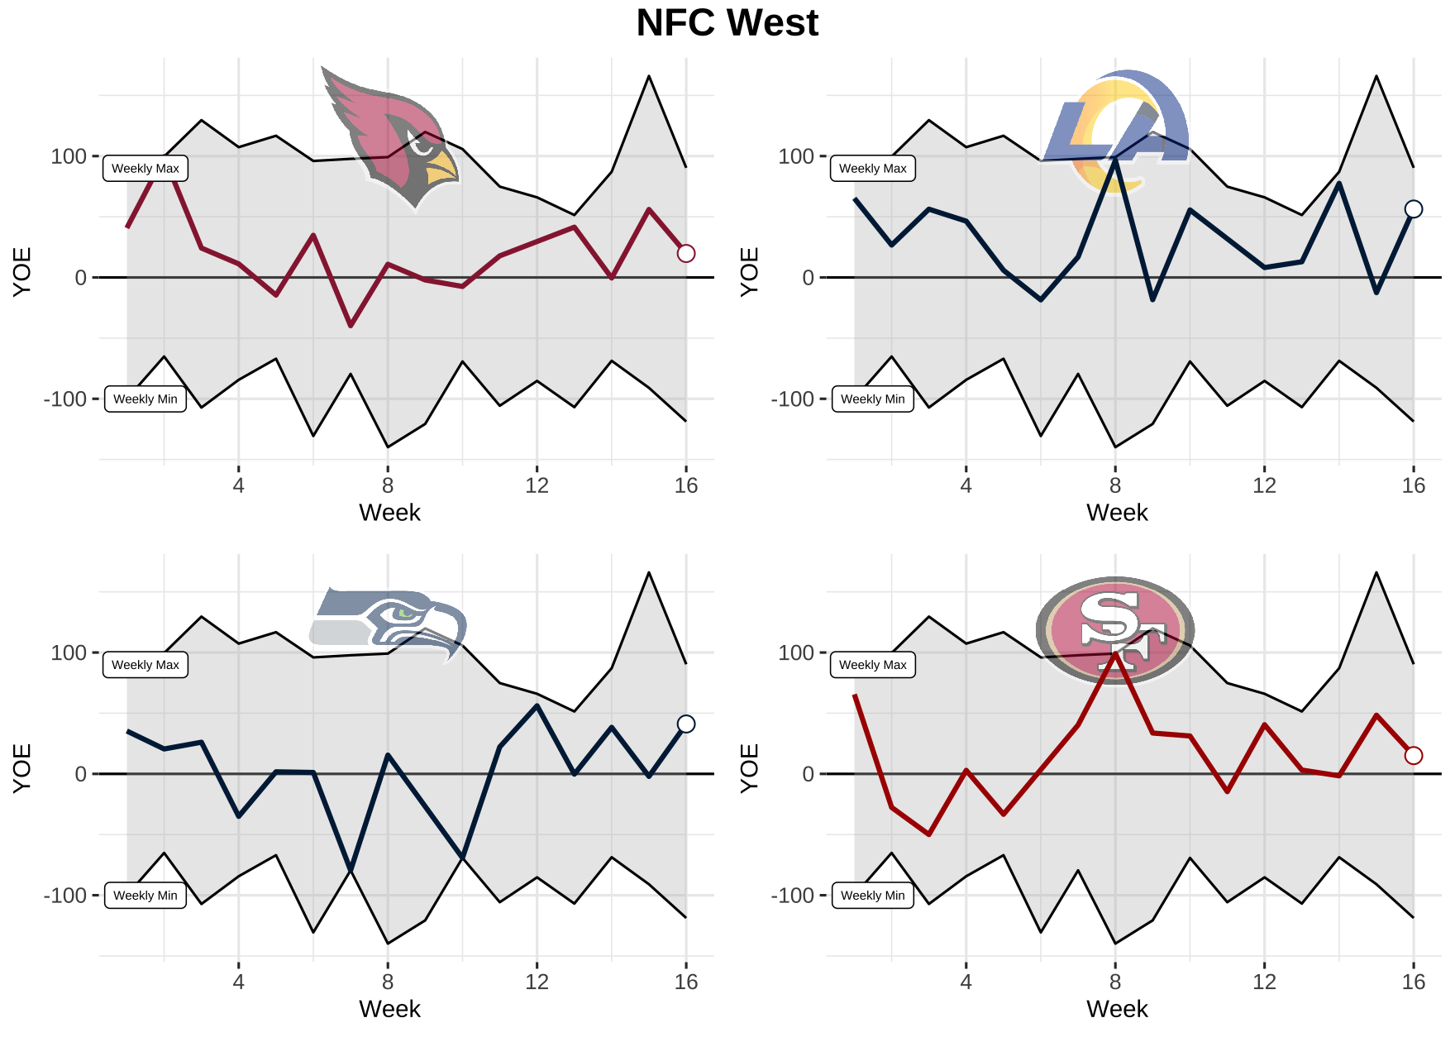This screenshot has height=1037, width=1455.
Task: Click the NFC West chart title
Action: (x=727, y=23)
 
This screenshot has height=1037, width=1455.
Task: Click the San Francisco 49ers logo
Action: (x=1115, y=630)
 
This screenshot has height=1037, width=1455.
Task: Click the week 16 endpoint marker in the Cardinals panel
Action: (x=686, y=254)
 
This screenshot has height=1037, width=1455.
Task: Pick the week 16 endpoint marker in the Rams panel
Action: (x=1414, y=209)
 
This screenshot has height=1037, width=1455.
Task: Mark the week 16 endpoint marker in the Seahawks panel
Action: (x=686, y=724)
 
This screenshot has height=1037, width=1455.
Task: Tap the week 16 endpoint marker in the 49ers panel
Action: (x=1414, y=755)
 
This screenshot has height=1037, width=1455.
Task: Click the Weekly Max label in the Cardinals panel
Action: (x=145, y=169)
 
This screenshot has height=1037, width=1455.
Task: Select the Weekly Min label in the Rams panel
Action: (x=872, y=399)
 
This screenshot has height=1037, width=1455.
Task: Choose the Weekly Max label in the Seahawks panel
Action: (x=145, y=665)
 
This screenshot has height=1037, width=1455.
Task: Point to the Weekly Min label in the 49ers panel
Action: (x=872, y=896)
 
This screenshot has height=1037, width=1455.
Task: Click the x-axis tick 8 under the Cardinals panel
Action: (x=388, y=485)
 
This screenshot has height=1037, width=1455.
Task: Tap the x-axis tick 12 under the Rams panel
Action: (x=1264, y=485)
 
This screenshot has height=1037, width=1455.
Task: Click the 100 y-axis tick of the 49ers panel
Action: (x=795, y=653)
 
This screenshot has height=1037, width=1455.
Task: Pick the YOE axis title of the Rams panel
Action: (x=749, y=271)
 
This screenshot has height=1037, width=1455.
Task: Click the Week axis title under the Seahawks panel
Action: (x=389, y=1009)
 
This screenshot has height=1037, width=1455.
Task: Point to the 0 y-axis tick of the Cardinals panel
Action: (x=80, y=278)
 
